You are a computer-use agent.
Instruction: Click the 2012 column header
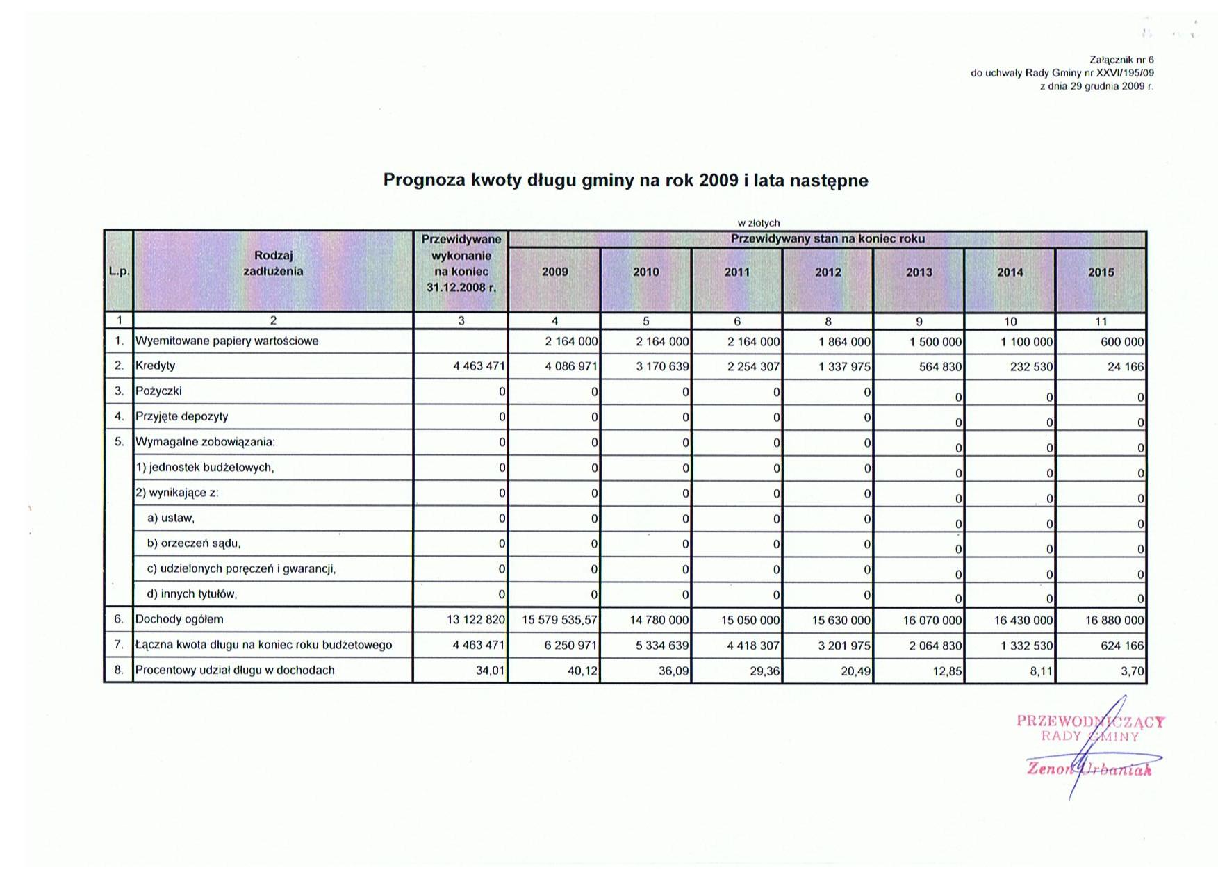pyautogui.click(x=828, y=272)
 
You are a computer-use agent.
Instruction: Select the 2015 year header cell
pyautogui.click(x=1101, y=272)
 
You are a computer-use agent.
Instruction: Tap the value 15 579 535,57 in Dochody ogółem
pyautogui.click(x=560, y=620)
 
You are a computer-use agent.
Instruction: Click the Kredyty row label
pyautogui.click(x=156, y=366)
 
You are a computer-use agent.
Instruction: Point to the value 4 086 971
pyautogui.click(x=571, y=366)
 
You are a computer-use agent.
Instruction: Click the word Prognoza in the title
pyautogui.click(x=424, y=181)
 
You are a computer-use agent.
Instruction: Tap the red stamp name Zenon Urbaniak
pyautogui.click(x=1089, y=769)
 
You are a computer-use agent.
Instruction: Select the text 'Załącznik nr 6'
pyautogui.click(x=1121, y=60)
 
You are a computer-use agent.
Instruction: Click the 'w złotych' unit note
pyautogui.click(x=759, y=223)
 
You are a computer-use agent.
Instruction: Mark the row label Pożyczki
pyautogui.click(x=158, y=391)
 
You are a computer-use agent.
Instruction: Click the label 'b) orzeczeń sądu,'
pyautogui.click(x=194, y=543)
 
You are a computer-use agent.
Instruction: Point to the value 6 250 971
pyautogui.click(x=571, y=646)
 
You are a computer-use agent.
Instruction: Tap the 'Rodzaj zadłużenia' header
pyautogui.click(x=273, y=264)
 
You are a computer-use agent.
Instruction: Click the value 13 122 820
pyautogui.click(x=476, y=620)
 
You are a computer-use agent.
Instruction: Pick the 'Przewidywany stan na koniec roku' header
pyautogui.click(x=827, y=239)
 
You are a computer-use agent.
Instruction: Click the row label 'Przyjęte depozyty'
pyautogui.click(x=181, y=417)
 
